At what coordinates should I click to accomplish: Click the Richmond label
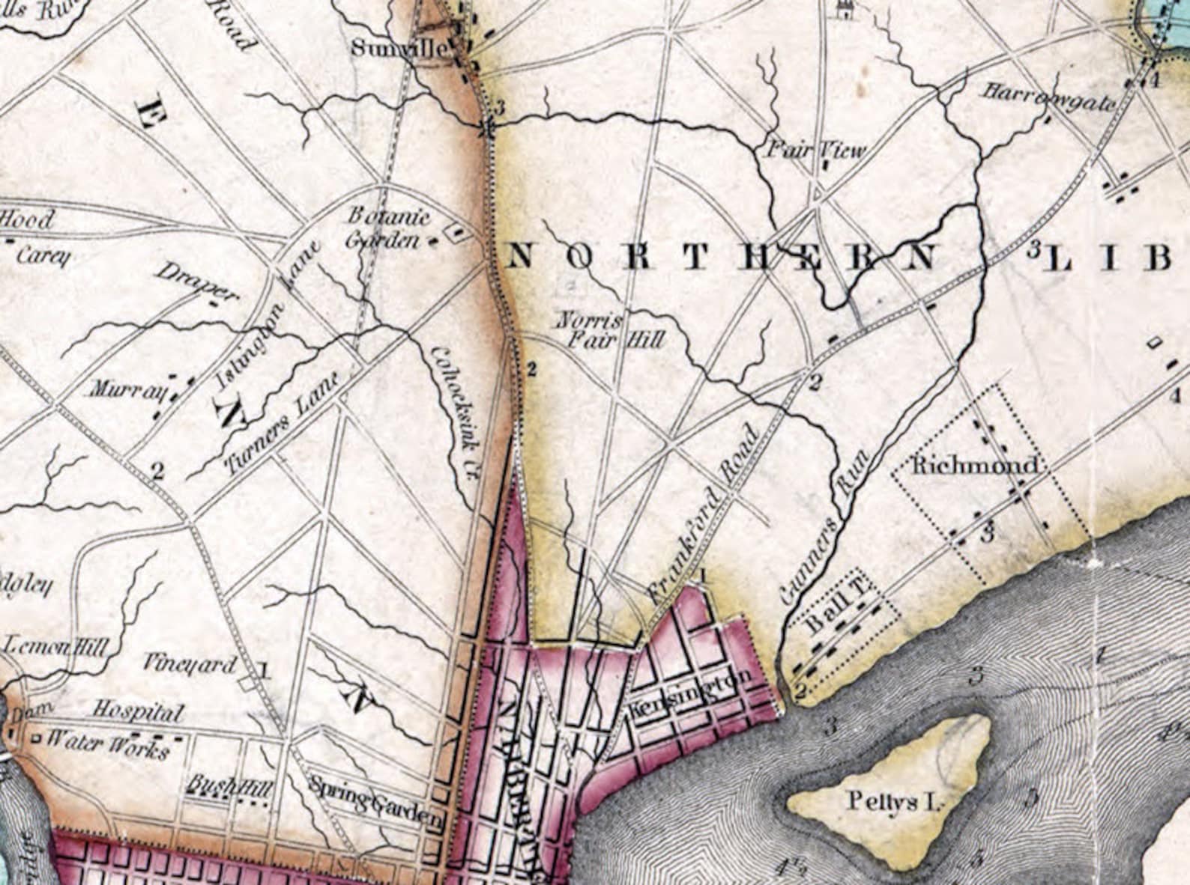click(975, 466)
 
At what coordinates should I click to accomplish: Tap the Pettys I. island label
click(892, 801)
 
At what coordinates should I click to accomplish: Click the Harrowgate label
click(1048, 98)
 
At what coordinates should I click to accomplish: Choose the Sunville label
click(399, 49)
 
